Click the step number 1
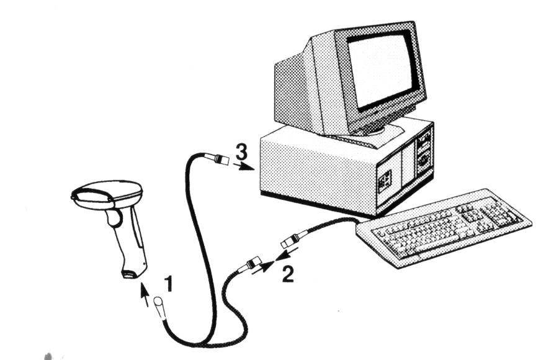coord(169,284)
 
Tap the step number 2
coord(288,274)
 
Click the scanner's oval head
coord(107,194)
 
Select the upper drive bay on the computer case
coord(424,141)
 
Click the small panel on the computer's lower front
coord(385,179)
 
